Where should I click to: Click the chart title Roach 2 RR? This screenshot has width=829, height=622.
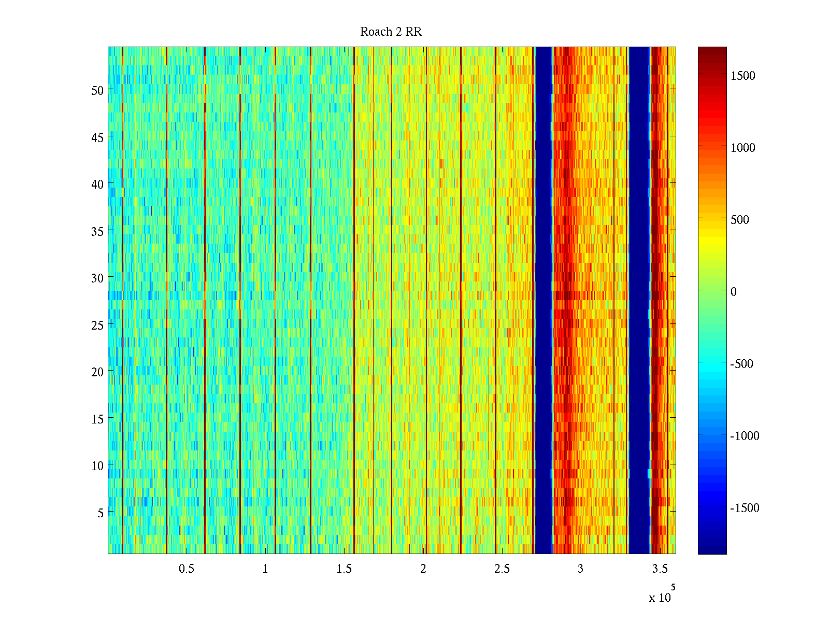[391, 32]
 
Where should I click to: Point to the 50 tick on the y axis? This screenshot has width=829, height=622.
[97, 90]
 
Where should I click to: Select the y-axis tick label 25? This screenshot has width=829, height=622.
[97, 325]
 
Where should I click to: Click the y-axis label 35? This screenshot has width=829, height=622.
[97, 231]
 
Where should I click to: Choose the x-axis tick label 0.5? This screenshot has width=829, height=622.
[187, 569]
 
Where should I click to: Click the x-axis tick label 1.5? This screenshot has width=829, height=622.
[344, 569]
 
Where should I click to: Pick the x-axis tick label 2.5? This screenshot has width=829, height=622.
[502, 569]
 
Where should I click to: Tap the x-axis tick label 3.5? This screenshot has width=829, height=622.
[660, 569]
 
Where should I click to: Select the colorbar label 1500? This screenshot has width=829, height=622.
[743, 76]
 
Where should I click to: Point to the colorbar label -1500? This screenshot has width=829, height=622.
[745, 508]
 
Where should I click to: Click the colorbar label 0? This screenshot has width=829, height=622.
[733, 292]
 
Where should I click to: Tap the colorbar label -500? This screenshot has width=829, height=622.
[741, 364]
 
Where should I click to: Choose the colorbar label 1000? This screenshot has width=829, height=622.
[743, 148]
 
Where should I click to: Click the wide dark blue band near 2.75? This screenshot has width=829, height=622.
[544, 301]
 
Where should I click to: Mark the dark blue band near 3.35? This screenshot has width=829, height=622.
[639, 301]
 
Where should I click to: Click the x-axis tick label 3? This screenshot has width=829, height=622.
[580, 569]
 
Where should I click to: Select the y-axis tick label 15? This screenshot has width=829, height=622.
[97, 419]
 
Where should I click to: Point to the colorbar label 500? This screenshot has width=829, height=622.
[740, 220]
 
